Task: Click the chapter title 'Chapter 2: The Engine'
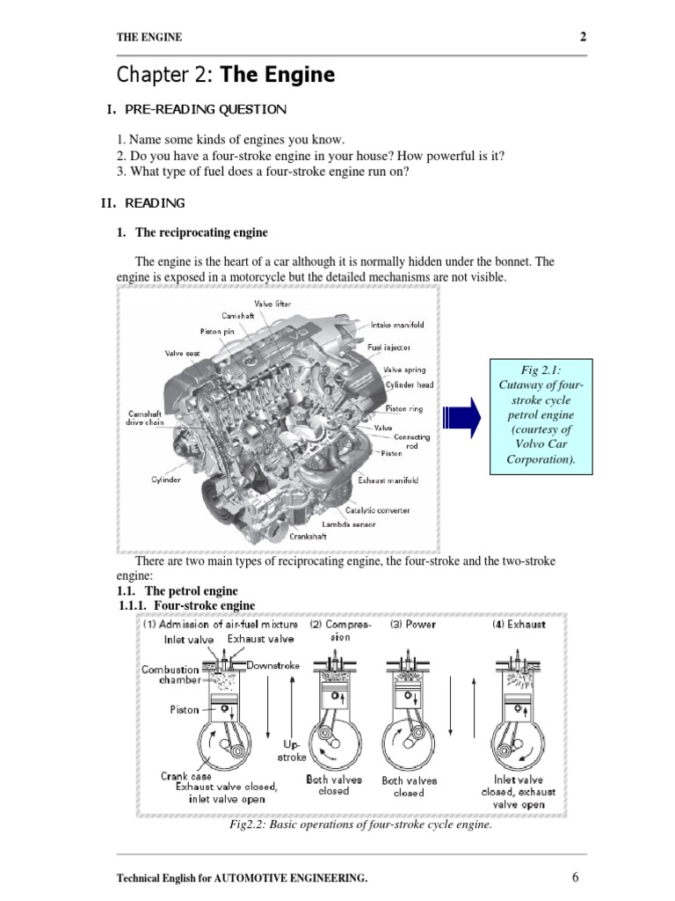(x=226, y=76)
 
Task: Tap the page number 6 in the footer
(x=576, y=876)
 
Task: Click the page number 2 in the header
(x=583, y=36)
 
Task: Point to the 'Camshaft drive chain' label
(x=145, y=418)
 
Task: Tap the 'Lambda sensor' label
(x=348, y=524)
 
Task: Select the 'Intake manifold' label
(x=397, y=325)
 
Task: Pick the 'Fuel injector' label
(x=388, y=348)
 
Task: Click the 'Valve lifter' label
(x=272, y=304)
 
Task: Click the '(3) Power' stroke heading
(x=413, y=624)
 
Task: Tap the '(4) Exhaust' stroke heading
(x=518, y=624)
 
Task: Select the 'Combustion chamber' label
(x=171, y=675)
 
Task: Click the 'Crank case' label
(x=185, y=776)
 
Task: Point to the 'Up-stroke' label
(x=292, y=751)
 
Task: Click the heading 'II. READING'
(x=143, y=203)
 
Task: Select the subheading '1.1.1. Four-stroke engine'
(x=186, y=605)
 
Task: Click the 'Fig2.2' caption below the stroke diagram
(x=360, y=825)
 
